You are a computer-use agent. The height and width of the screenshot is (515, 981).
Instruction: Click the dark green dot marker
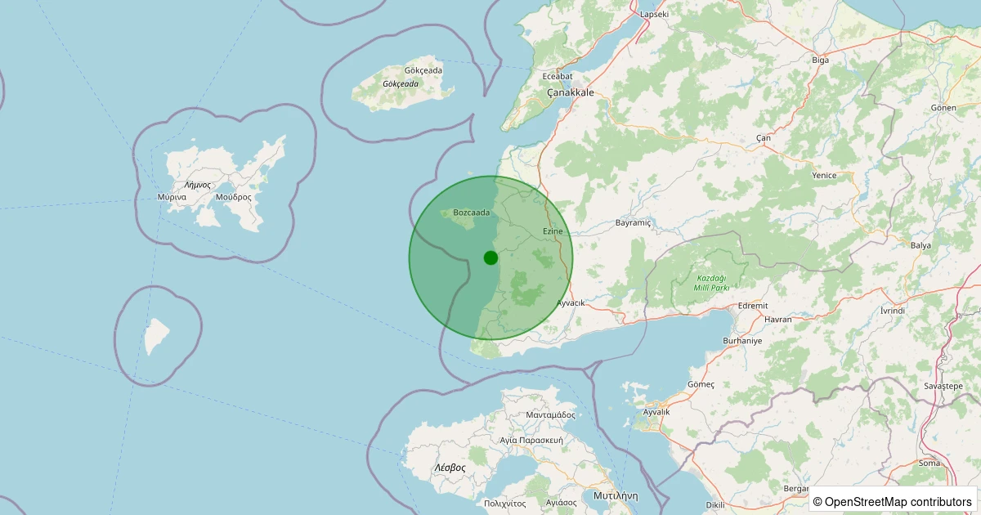[490, 257]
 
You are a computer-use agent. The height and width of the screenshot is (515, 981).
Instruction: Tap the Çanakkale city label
[570, 92]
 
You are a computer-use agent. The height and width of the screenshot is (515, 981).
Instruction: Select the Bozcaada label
[471, 213]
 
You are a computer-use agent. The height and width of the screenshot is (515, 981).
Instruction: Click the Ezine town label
[553, 231]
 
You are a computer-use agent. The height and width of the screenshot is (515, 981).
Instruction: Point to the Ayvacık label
[571, 302]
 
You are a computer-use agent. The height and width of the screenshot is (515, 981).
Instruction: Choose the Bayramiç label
[633, 222]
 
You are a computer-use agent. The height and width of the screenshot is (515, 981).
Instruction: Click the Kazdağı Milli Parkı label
[710, 283]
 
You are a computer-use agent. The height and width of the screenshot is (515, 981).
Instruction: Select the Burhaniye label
[742, 340]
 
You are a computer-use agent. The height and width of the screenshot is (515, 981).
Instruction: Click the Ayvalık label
[656, 412]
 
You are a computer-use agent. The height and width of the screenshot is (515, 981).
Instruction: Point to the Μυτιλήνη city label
[616, 496]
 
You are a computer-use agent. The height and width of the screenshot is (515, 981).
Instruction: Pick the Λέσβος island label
[450, 468]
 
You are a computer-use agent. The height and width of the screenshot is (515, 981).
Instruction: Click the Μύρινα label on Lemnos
[172, 197]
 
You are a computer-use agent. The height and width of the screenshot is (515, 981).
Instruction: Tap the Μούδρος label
[234, 197]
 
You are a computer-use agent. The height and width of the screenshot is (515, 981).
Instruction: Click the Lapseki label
[655, 14]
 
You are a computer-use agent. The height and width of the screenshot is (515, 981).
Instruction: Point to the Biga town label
[820, 60]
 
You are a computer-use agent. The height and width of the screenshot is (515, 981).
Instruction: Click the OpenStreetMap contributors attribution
[894, 501]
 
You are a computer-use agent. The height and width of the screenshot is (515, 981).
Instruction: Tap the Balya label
[921, 245]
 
